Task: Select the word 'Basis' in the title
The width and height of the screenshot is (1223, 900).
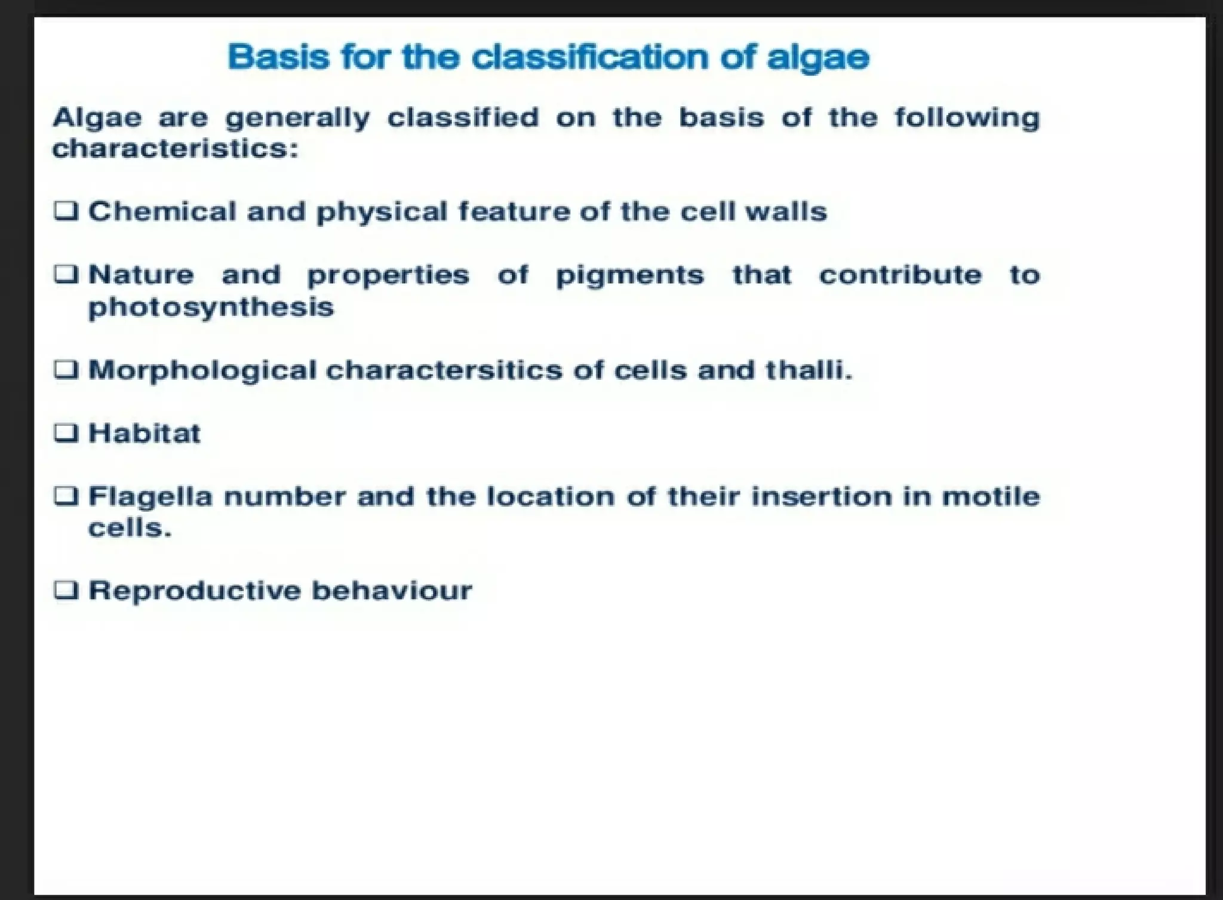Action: click(x=278, y=57)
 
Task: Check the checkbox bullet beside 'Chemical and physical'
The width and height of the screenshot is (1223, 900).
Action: click(x=66, y=211)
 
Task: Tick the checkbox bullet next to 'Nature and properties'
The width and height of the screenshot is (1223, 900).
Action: click(x=66, y=274)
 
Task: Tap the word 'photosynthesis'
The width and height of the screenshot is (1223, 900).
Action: click(x=211, y=308)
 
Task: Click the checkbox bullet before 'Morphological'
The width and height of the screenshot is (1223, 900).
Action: click(x=66, y=370)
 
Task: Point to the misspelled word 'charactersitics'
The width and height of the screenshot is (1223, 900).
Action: click(x=444, y=370)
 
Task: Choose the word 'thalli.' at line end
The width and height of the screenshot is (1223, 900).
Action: click(x=809, y=370)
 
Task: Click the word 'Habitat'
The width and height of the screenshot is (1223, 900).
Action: click(x=145, y=433)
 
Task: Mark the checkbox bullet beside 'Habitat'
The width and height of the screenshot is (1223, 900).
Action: click(x=66, y=432)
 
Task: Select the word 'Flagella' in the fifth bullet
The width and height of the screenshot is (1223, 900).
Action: click(x=150, y=497)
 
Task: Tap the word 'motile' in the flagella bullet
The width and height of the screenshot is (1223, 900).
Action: click(x=991, y=497)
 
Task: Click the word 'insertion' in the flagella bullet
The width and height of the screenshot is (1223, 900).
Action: click(x=821, y=497)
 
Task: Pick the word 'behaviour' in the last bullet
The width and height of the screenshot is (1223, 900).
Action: click(x=392, y=591)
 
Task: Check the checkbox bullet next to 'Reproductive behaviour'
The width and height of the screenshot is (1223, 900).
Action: click(x=66, y=590)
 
